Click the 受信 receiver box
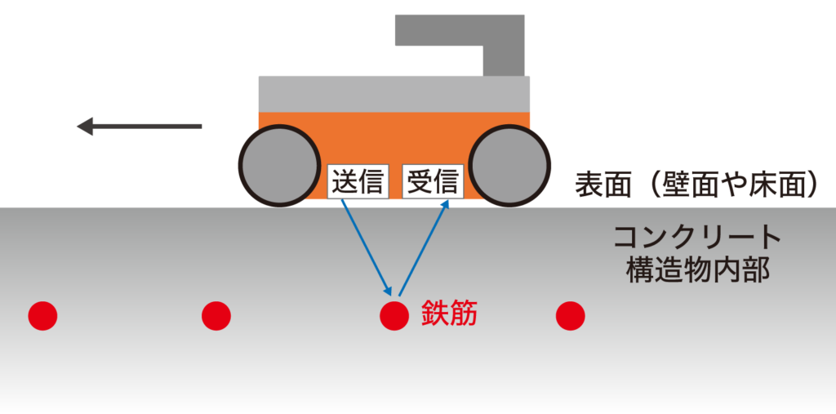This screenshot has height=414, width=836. coord(434,181)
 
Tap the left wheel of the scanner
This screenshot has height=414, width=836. coord(279,166)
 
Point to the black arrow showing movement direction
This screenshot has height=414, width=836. coord(139,127)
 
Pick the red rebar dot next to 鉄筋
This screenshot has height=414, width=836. coord(394,315)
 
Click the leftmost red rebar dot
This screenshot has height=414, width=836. coord(43,315)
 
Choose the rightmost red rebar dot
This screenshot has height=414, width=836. coord(571,315)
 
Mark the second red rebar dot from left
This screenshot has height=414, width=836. coord(216,315)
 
